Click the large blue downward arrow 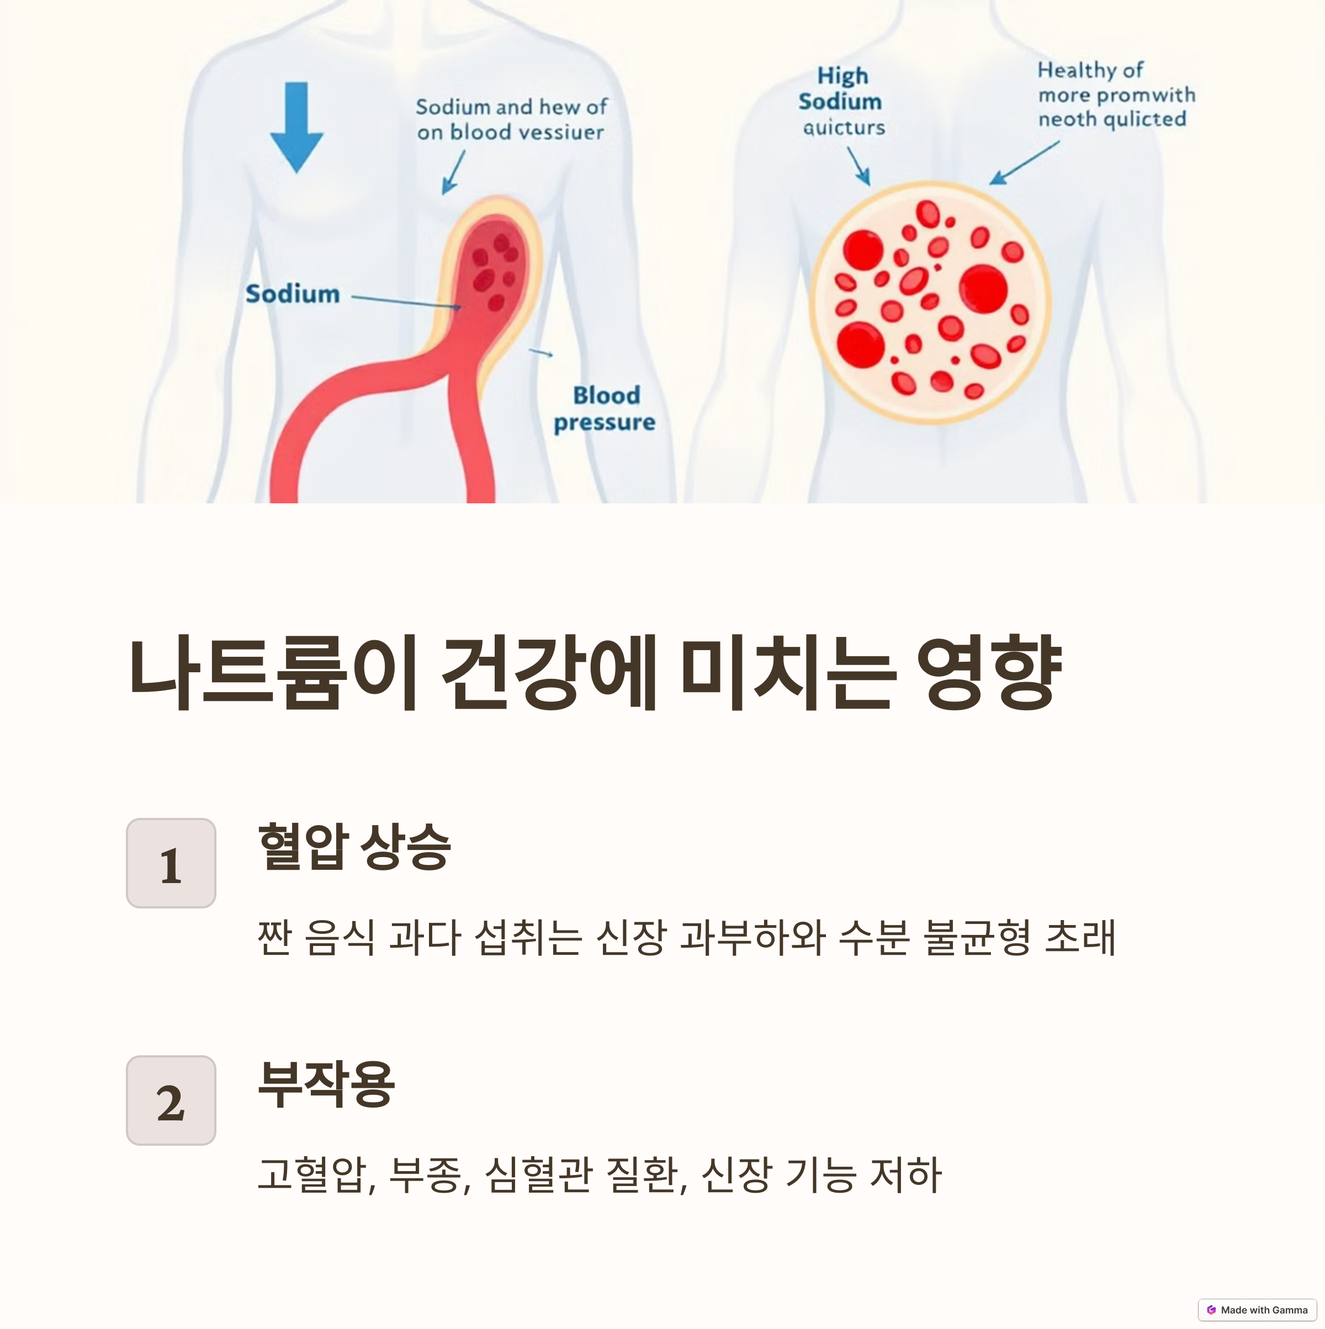[296, 127]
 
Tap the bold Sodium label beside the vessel [293, 294]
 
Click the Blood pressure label [605, 408]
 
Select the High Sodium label [841, 89]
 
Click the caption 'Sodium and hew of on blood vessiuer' [511, 120]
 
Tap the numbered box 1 [171, 863]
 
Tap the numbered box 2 [171, 1101]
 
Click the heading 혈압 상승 [354, 847]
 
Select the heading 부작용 [326, 1084]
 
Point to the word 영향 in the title [989, 674]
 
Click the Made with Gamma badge [1257, 1310]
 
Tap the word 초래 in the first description [1079, 937]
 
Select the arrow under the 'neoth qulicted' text [1024, 163]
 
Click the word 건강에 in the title [548, 674]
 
